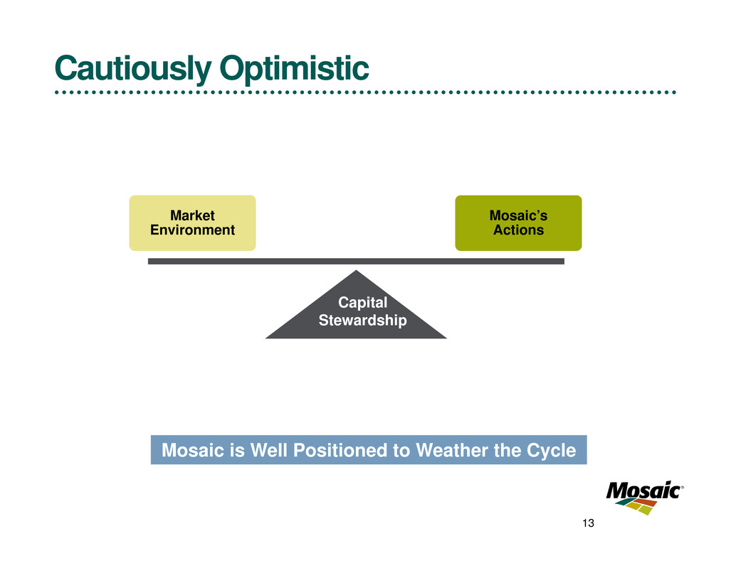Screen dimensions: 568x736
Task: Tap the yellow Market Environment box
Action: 192,223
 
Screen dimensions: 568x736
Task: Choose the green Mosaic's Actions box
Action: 518,223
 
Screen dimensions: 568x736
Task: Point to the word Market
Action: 192,215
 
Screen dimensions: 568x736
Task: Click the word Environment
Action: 192,230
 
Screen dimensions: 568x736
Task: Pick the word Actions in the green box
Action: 518,230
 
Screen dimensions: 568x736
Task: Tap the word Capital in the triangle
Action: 362,304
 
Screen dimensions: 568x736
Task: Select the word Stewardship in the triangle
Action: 362,321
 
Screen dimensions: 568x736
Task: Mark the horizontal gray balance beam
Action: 356,262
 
